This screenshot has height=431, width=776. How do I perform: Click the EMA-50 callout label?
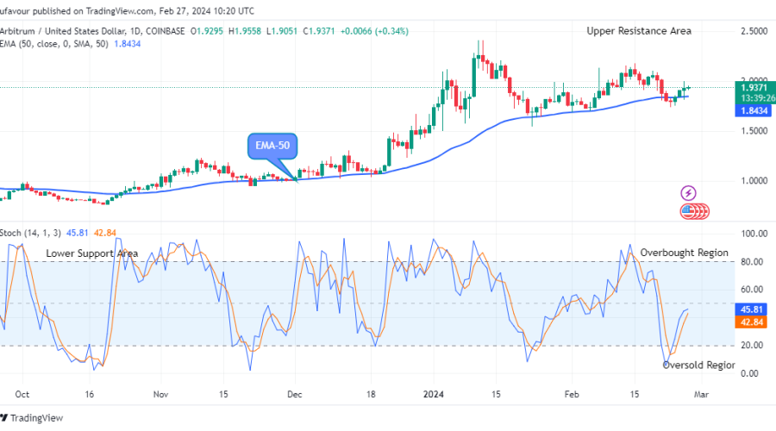(272, 146)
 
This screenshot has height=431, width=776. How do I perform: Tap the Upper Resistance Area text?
(639, 31)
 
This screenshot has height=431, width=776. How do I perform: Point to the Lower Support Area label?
(92, 253)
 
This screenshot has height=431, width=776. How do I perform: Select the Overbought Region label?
(684, 253)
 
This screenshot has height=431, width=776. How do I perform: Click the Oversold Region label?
(698, 365)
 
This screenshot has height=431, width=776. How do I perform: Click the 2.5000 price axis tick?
(754, 31)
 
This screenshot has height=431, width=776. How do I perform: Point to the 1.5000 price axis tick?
(754, 131)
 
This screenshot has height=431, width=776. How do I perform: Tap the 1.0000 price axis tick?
(754, 181)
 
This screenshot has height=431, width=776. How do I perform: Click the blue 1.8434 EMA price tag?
(753, 110)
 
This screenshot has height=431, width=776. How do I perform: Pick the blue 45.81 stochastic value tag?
(753, 309)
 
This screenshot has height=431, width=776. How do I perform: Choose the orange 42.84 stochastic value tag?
(753, 321)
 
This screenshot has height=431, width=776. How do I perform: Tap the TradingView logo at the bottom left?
(36, 418)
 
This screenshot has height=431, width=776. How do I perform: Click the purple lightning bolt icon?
(689, 193)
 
